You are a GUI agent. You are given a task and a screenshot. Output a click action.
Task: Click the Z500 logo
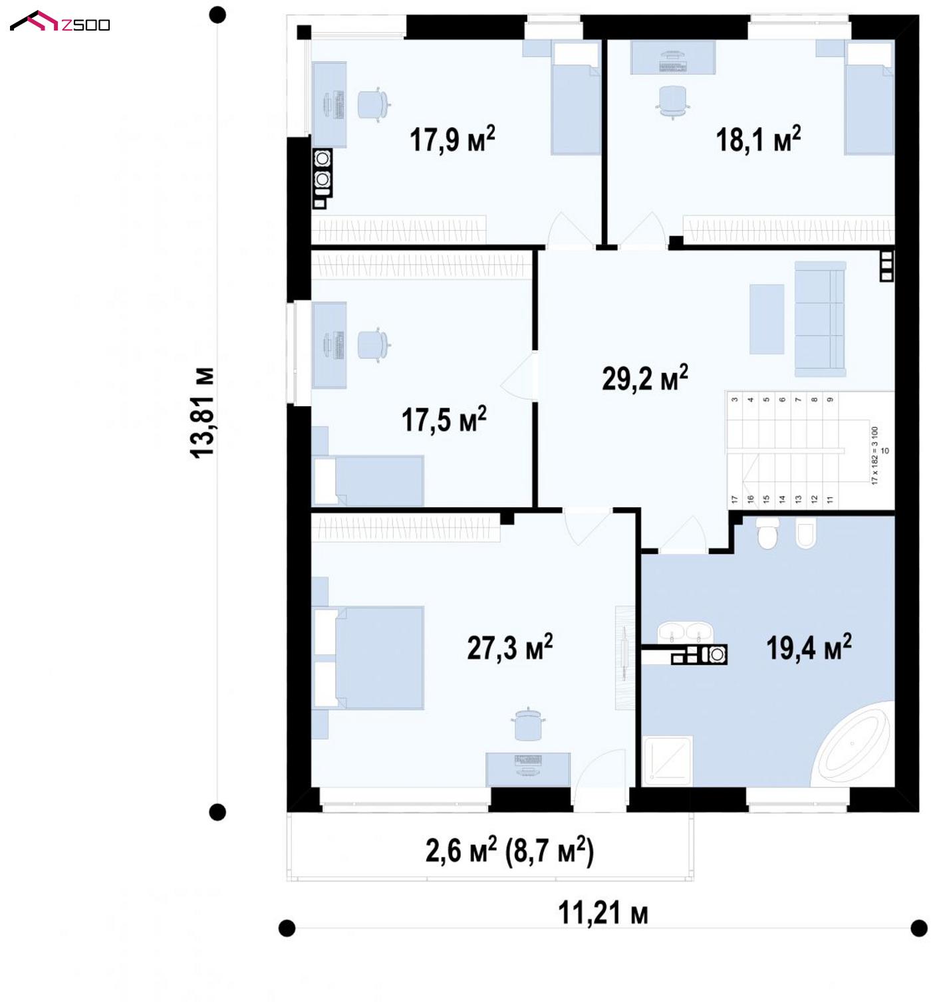coord(60,22)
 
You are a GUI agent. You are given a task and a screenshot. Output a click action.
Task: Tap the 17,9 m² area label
coord(452,139)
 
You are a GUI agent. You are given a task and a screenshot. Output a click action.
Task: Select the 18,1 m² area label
coord(758,139)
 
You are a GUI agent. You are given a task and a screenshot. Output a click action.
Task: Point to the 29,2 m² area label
coord(644,378)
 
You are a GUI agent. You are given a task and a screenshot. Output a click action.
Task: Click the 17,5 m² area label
coord(444,420)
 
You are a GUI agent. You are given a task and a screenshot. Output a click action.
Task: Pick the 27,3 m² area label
coord(510,648)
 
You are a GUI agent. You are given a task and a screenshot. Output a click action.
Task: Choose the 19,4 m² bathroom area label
coord(809,648)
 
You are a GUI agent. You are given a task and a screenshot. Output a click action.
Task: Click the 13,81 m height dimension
coord(202,413)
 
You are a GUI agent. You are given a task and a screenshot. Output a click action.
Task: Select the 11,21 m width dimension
coord(602,913)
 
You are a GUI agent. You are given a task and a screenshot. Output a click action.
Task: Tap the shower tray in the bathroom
coord(668,761)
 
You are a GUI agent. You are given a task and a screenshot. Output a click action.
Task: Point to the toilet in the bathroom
coord(767,533)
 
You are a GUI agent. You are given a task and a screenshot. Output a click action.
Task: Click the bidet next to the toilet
coord(806,533)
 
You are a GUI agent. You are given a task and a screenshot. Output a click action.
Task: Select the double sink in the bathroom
coord(685,632)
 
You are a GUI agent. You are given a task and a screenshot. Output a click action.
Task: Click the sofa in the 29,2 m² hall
coord(821,319)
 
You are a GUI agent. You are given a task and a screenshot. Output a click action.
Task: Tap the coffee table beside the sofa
coord(766,319)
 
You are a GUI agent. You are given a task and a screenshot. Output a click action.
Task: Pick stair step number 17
coord(735,499)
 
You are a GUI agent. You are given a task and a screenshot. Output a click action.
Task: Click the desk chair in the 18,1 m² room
coord(673,102)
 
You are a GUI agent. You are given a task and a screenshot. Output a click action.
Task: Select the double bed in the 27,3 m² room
coord(368,658)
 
